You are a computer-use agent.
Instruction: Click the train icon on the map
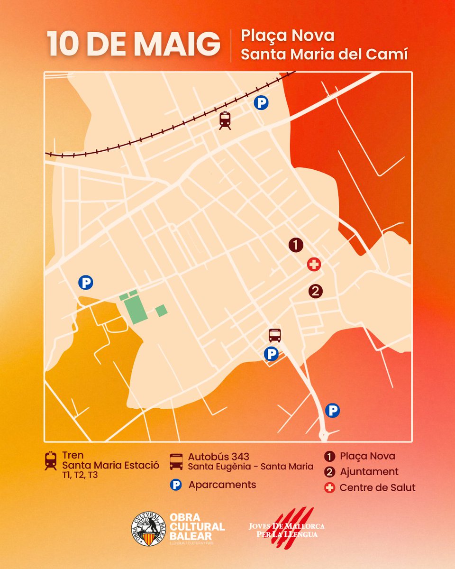click(x=225, y=120)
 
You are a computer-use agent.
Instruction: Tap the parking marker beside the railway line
click(x=261, y=103)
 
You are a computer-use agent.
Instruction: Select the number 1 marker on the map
click(x=296, y=245)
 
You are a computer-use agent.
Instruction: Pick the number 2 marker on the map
click(x=315, y=291)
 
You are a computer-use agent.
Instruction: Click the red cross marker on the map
click(x=313, y=265)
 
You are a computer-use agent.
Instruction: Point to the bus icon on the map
click(x=275, y=335)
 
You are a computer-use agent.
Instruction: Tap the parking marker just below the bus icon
click(x=271, y=354)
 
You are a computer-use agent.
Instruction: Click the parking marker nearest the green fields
click(x=85, y=283)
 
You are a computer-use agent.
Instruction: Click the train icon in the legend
click(x=50, y=460)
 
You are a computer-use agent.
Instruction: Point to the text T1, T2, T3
click(x=80, y=475)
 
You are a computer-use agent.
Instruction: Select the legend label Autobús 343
click(x=218, y=457)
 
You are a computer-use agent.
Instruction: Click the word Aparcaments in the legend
click(x=222, y=485)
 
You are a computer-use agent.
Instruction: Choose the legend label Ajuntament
click(x=369, y=472)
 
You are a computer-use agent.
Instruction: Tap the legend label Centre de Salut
click(x=377, y=487)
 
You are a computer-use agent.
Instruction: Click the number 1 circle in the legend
click(x=329, y=457)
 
